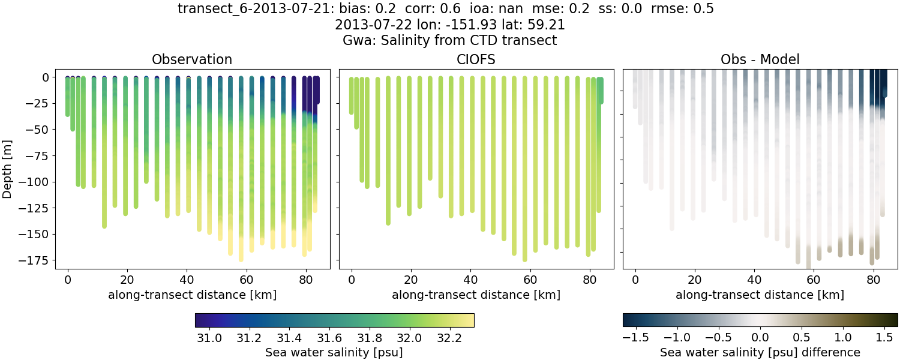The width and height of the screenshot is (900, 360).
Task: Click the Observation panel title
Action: click(192, 59)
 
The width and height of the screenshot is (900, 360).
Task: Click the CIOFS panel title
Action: click(476, 59)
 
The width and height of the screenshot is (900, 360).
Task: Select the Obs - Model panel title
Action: click(760, 59)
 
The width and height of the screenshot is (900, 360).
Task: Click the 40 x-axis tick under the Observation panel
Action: click(187, 279)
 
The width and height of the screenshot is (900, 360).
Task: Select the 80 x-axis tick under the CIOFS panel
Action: click(590, 279)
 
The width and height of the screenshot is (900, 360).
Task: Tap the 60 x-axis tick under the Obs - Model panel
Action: click(814, 279)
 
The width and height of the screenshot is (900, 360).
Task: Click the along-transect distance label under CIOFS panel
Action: click(476, 295)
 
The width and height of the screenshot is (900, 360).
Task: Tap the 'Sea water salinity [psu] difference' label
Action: click(760, 352)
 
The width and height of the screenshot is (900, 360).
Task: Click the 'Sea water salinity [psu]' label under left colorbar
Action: click(334, 352)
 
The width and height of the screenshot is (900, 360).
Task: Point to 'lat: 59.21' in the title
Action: click(533, 25)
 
